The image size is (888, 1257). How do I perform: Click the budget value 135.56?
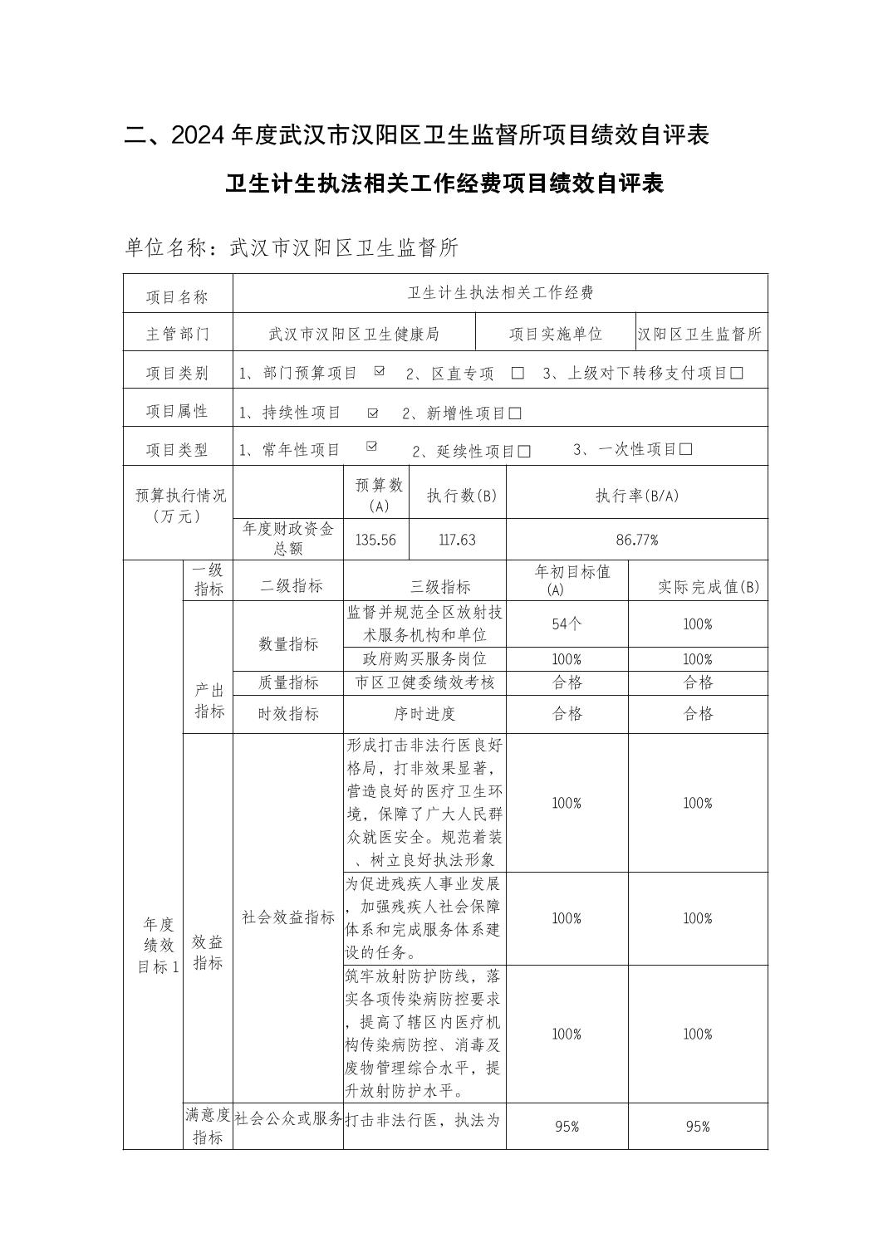coord(375,540)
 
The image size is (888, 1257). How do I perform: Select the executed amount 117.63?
coord(457,540)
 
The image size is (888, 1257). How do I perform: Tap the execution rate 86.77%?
coord(636,540)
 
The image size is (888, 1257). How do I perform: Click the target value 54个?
coord(567,624)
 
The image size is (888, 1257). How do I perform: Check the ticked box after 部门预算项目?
coord(379,371)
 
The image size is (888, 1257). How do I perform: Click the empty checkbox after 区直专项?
coord(518,374)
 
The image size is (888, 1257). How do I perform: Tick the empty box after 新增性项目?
coord(515,413)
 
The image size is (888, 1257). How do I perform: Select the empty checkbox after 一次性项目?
coord(685,450)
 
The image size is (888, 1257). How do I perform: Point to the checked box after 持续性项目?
coord(372,413)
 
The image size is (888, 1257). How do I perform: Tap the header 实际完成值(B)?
coord(698,586)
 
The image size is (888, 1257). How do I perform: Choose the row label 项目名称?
coord(177,296)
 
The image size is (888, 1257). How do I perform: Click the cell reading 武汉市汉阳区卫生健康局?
coord(354,334)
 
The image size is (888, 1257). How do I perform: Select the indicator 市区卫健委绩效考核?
coord(424,682)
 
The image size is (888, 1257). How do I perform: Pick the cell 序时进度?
coord(424,714)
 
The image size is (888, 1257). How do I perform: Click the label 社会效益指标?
coord(287,917)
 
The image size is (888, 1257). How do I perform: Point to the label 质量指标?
coord(287,682)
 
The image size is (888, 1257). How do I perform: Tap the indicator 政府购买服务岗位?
coord(424,659)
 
